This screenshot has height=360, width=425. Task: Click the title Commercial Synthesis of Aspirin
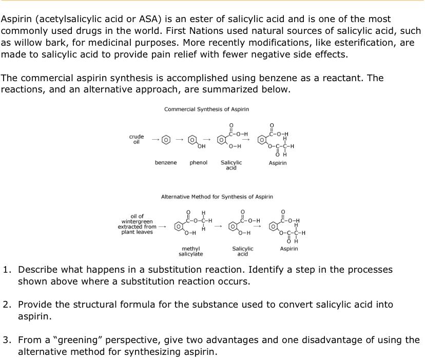click(x=206, y=109)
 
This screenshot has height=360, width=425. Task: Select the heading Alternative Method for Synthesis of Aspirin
click(x=217, y=197)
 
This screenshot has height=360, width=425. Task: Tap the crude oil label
click(x=137, y=139)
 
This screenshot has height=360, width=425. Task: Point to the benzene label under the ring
click(x=166, y=163)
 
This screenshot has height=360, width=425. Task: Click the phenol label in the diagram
click(x=198, y=163)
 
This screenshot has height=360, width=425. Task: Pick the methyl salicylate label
click(x=190, y=251)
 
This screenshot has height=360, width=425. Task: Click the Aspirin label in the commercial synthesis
click(x=278, y=163)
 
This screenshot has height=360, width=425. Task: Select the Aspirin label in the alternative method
click(x=289, y=249)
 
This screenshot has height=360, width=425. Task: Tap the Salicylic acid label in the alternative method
click(x=242, y=251)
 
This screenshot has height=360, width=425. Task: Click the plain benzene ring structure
click(x=166, y=140)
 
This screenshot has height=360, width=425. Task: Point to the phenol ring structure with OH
click(x=193, y=140)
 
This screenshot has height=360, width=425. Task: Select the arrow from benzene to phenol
click(x=179, y=140)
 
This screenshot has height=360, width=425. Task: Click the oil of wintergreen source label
click(x=137, y=224)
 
